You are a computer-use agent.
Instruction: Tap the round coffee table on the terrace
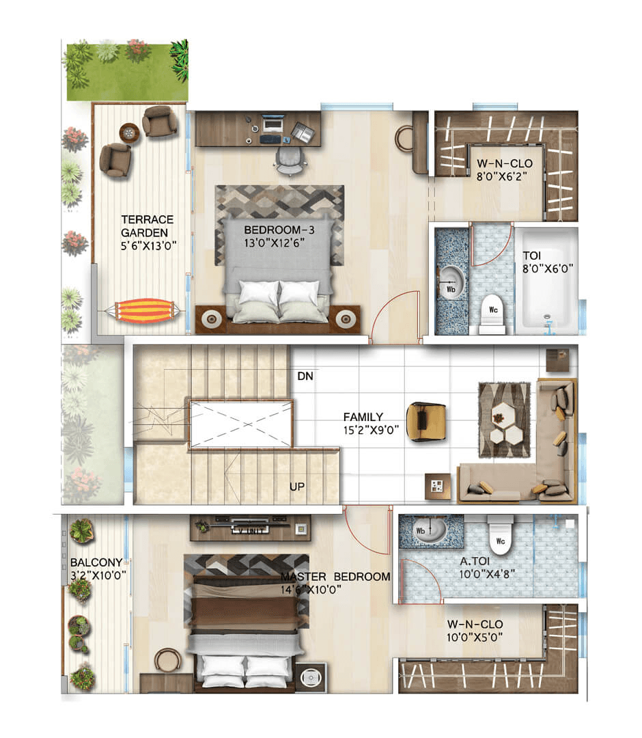(129, 133)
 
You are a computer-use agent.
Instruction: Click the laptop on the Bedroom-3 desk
(273, 125)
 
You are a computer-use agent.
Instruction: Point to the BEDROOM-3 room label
(279, 230)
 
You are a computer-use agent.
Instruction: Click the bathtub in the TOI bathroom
(546, 281)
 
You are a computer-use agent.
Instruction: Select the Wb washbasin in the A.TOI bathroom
(430, 530)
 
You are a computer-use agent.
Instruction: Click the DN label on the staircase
(305, 376)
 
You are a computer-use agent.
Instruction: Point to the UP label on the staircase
(297, 487)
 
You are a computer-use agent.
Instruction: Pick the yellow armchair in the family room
(425, 421)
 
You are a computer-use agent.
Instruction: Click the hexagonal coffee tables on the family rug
(505, 422)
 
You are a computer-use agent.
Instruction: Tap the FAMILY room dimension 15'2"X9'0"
(371, 430)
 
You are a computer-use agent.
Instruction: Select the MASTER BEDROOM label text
(335, 577)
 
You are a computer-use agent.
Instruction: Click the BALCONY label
(96, 562)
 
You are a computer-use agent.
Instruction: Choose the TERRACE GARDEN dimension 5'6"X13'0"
(149, 246)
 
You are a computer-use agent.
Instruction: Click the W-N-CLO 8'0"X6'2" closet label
(505, 170)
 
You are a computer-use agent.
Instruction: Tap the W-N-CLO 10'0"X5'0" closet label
(475, 631)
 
